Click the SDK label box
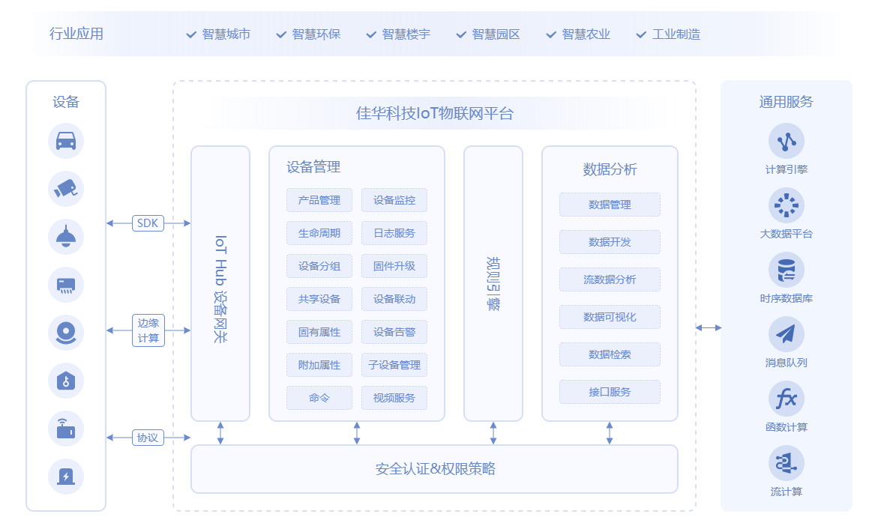(148, 223)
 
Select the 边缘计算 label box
(148, 330)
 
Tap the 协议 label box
(148, 438)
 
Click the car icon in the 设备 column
(66, 141)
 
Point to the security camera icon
(66, 189)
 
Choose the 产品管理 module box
(319, 200)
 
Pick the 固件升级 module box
(394, 266)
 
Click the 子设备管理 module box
(394, 365)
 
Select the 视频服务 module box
(394, 398)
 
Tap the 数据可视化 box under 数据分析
(610, 317)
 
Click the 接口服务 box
(610, 392)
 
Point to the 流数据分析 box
(610, 279)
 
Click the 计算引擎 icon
(786, 141)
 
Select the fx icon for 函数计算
(786, 399)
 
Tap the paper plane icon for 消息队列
(786, 334)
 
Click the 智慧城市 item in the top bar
(226, 34)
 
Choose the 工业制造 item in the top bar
(676, 34)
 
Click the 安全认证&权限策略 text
(435, 470)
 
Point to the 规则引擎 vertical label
(493, 284)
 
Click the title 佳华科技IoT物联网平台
(435, 114)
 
